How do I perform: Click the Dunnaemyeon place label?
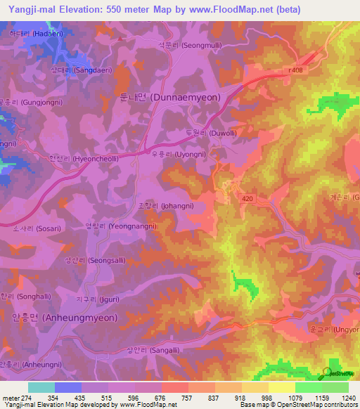[165, 98]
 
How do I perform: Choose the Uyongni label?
[181, 152]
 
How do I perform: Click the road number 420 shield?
[246, 199]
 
